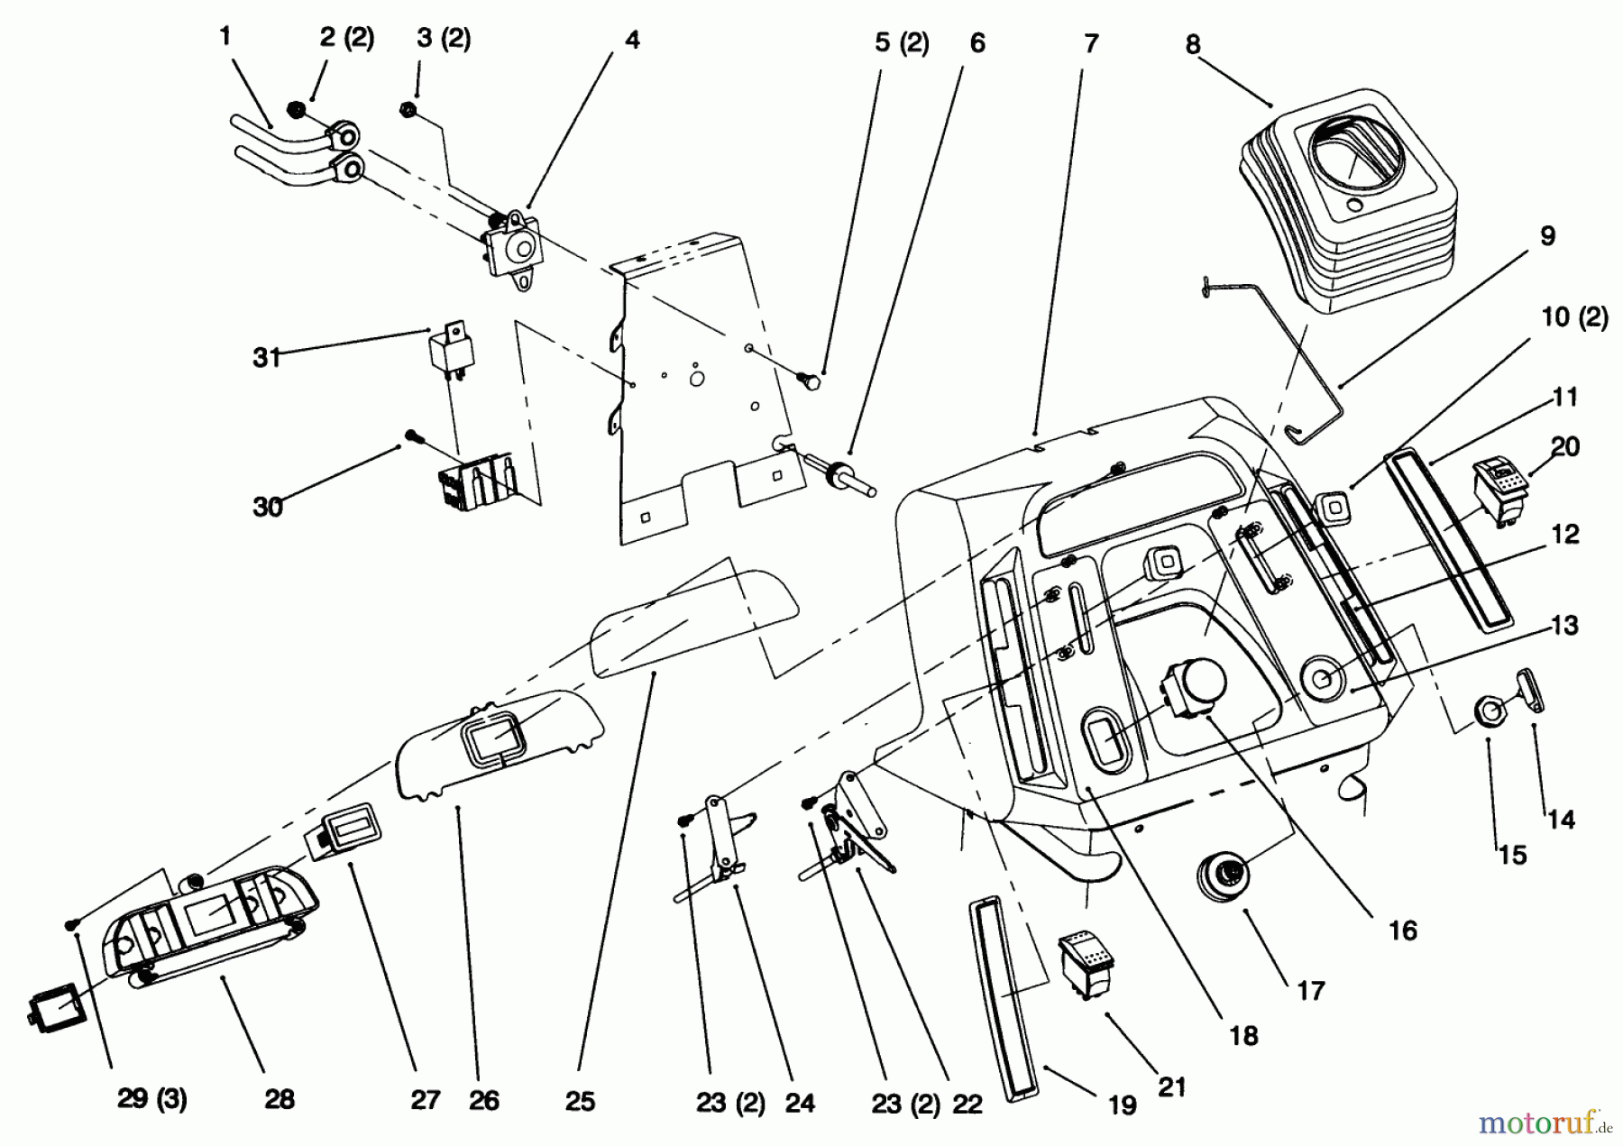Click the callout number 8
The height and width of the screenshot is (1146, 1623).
1193,45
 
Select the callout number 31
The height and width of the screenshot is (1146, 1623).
266,358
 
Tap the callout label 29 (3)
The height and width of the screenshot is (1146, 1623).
151,1100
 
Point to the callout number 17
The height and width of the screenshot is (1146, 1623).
1311,991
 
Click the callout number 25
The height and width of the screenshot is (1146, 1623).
580,1101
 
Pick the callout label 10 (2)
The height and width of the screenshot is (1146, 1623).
1574,317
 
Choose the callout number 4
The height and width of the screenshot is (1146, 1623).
632,40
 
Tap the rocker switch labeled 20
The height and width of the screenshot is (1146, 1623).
1499,489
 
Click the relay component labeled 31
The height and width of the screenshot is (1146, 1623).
447,353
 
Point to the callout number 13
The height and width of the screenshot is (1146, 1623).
1565,626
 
